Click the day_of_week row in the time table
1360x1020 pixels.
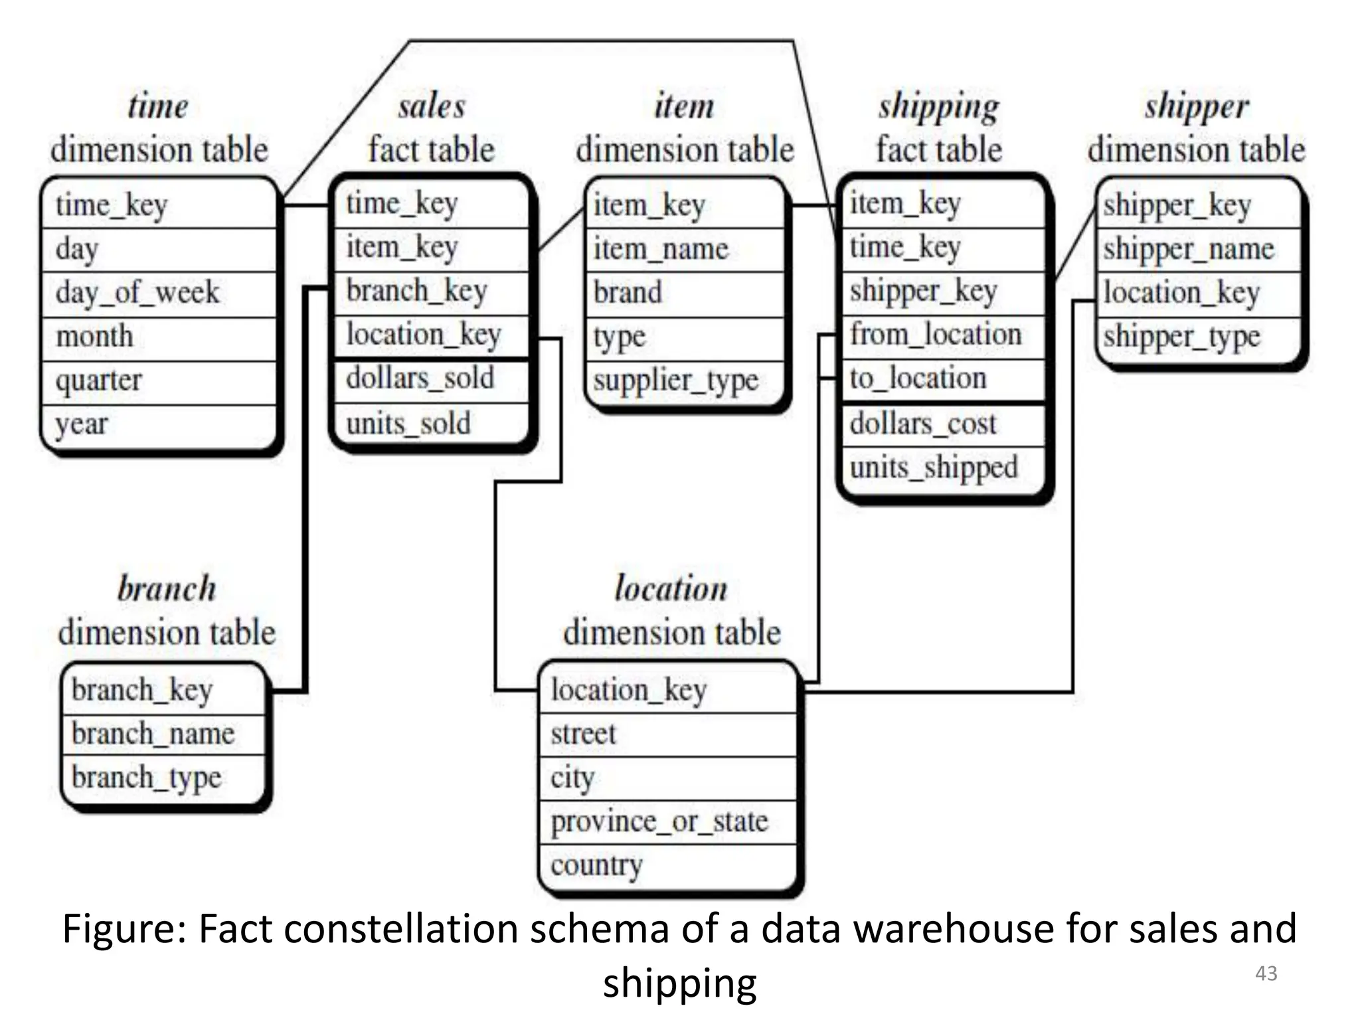(137, 293)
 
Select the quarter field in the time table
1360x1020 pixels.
(99, 381)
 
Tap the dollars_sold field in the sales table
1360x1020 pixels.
(420, 379)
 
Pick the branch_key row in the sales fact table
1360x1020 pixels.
(417, 291)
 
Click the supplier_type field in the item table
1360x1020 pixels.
(676, 381)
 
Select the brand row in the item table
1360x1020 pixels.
(628, 293)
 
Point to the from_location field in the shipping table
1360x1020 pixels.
(936, 334)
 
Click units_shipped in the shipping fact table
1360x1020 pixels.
(934, 467)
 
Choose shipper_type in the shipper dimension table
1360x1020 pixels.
(1182, 337)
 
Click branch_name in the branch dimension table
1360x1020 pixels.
(153, 734)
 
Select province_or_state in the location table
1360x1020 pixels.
(659, 821)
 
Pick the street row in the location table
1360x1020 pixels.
(583, 734)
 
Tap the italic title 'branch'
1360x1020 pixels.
(167, 588)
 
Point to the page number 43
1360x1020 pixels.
(1266, 974)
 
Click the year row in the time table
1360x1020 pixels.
(82, 424)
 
